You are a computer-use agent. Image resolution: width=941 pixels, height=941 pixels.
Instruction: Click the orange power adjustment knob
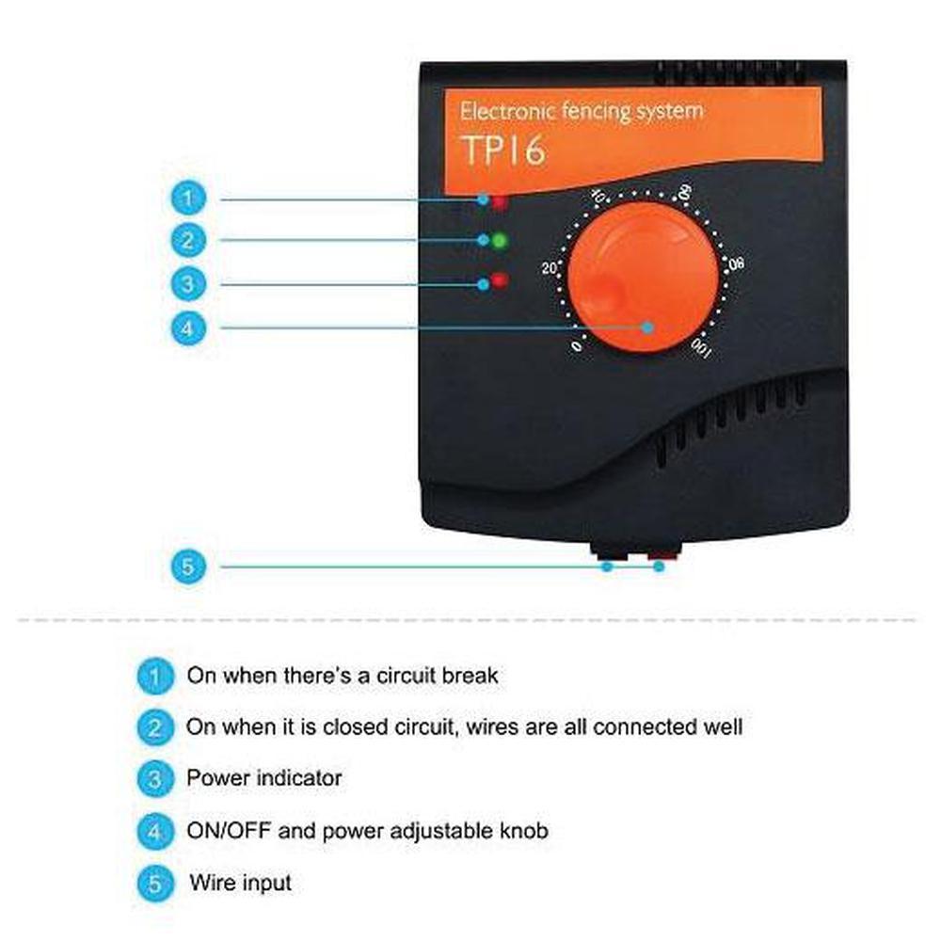click(x=643, y=277)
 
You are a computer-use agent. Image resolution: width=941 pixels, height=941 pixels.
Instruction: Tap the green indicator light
click(x=500, y=241)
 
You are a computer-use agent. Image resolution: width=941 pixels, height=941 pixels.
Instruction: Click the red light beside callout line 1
click(x=500, y=202)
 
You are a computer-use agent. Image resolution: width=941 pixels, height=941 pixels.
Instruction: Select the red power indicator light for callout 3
click(x=500, y=279)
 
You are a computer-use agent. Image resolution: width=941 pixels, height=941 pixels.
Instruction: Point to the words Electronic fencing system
click(x=581, y=112)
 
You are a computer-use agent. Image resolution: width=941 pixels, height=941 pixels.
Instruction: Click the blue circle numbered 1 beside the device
click(x=188, y=198)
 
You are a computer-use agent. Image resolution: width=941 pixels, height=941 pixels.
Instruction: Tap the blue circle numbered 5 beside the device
click(x=188, y=566)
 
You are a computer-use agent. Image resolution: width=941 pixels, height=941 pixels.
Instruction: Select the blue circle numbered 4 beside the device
click(x=188, y=328)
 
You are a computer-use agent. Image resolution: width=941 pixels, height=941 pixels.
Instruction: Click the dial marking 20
click(x=550, y=268)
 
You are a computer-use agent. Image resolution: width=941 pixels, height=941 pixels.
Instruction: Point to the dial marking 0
click(x=576, y=347)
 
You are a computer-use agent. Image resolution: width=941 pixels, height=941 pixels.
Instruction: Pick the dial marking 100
click(x=701, y=349)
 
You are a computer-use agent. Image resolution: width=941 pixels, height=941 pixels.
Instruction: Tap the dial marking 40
click(x=598, y=195)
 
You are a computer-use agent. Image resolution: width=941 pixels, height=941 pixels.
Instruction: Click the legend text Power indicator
click(x=264, y=778)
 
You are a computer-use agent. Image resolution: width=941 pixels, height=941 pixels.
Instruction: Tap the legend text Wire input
click(x=241, y=883)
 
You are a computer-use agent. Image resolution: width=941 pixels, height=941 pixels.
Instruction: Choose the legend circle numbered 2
click(x=155, y=727)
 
